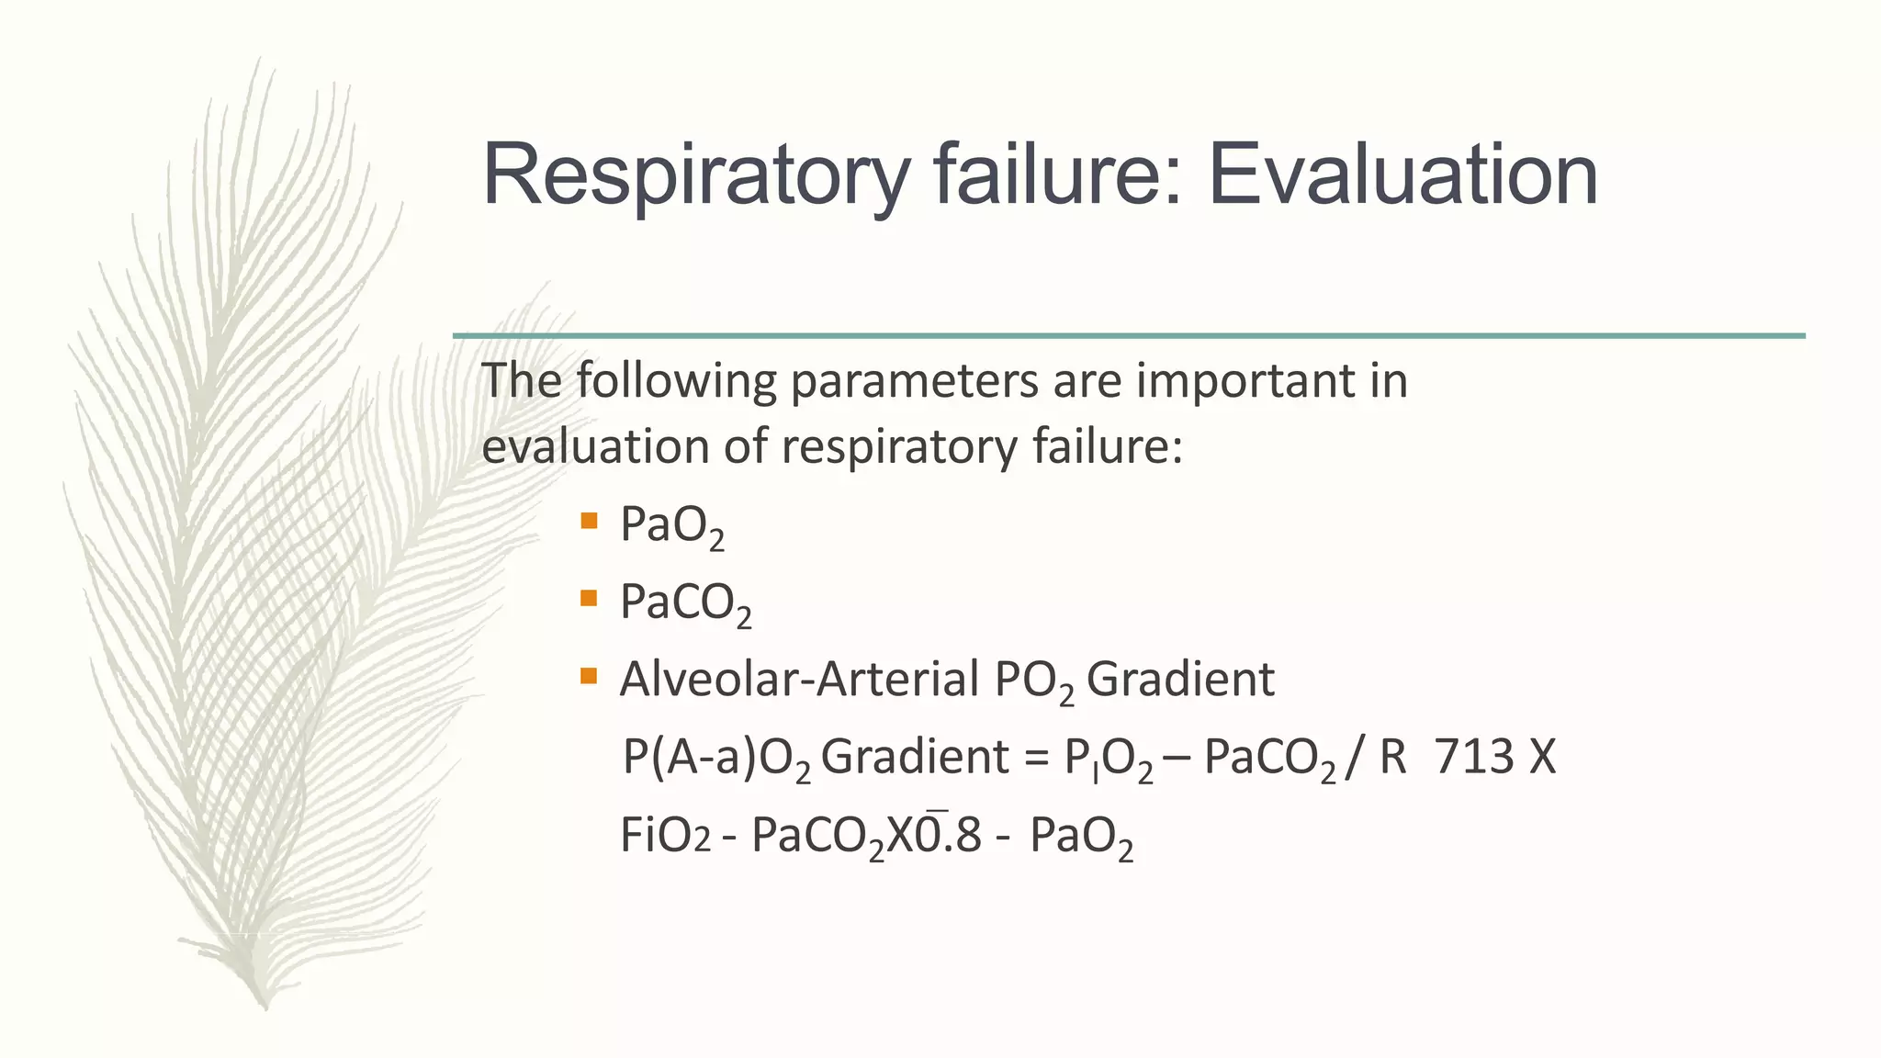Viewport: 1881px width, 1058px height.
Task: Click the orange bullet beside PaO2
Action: tap(590, 522)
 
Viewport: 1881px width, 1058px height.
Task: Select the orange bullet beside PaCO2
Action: tap(590, 599)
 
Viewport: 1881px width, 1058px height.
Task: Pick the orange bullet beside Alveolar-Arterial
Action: tap(590, 677)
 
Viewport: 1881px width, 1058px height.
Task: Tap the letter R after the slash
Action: tap(1392, 758)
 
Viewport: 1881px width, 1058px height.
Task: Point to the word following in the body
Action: tap(677, 380)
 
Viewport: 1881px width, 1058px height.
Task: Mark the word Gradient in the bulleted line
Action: tap(1181, 680)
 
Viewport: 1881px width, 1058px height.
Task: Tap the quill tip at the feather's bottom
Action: tap(265, 1005)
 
